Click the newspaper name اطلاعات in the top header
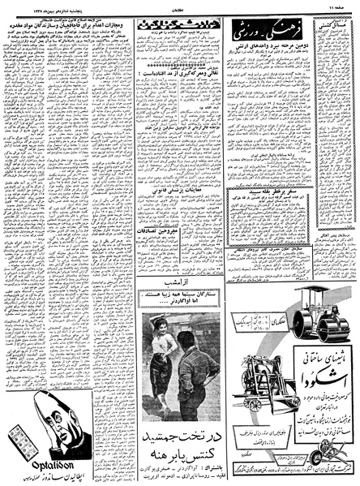[180, 4]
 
